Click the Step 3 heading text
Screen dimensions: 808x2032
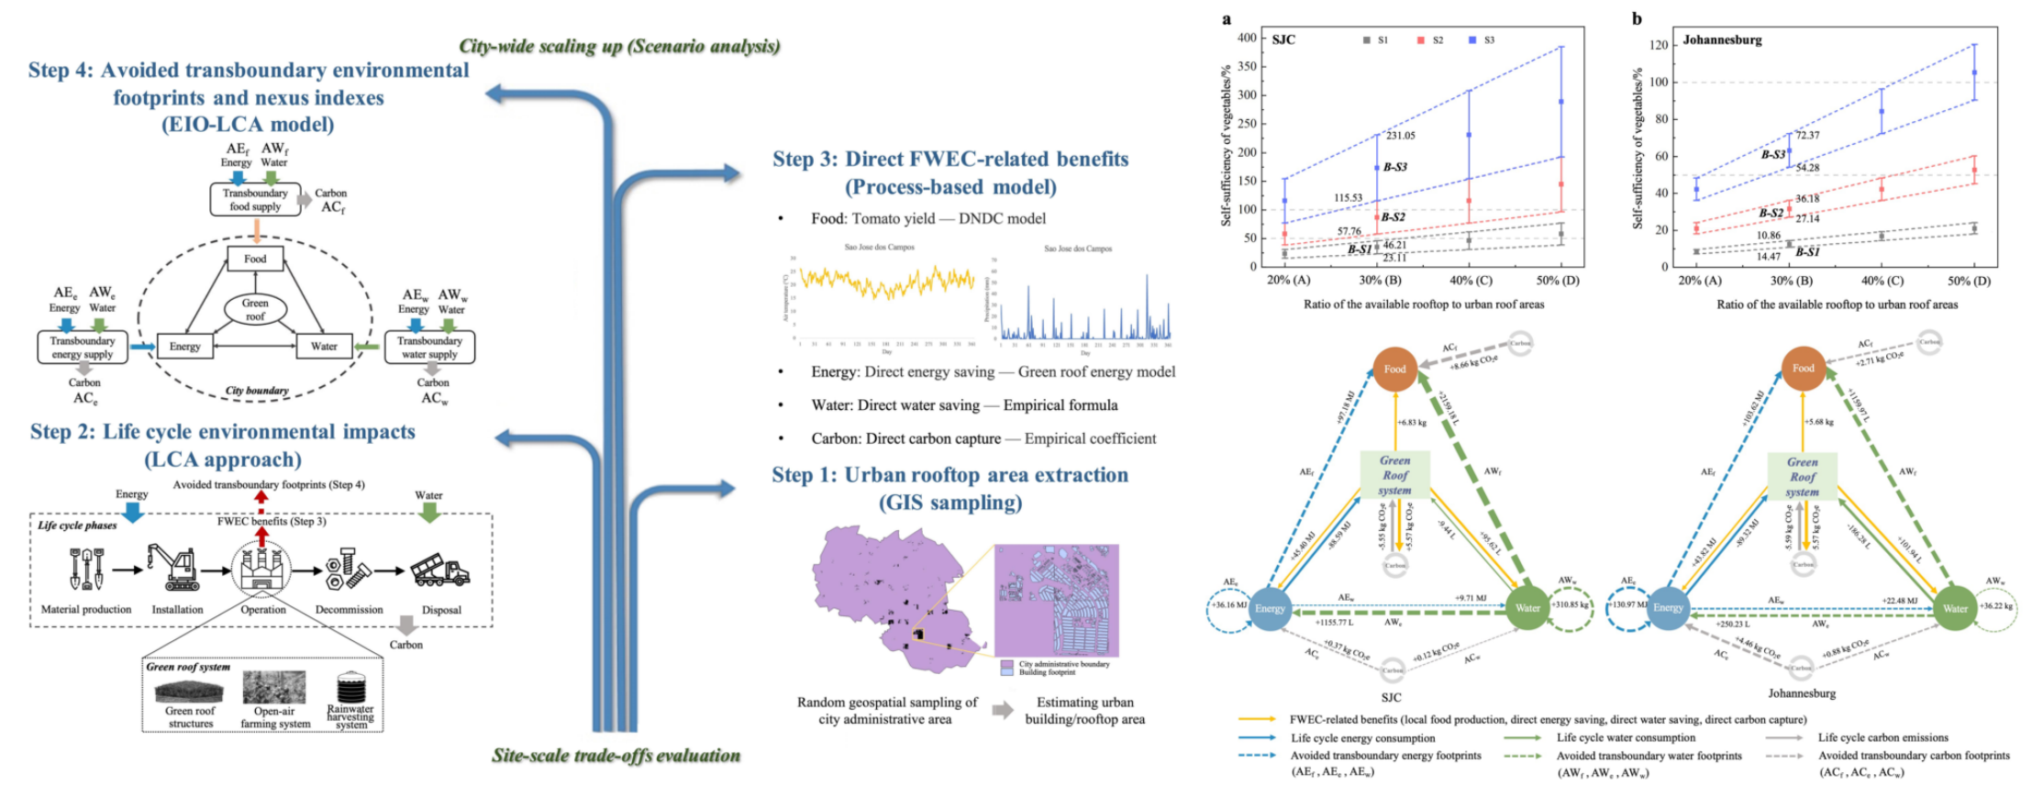tap(950, 172)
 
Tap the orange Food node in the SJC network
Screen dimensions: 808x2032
tap(1394, 369)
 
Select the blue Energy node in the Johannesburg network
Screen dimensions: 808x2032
tap(1668, 608)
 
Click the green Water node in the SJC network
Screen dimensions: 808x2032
tap(1527, 608)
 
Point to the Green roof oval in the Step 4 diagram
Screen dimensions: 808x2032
tap(255, 309)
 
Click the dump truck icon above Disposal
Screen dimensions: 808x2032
tap(440, 571)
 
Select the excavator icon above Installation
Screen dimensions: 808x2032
tap(173, 569)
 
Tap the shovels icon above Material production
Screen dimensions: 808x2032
tap(86, 569)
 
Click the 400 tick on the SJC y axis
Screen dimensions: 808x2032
tap(1247, 38)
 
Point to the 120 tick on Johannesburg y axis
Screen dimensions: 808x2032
tap(1658, 45)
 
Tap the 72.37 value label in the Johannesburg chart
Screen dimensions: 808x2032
tap(1807, 136)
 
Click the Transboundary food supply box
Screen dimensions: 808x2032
tap(255, 200)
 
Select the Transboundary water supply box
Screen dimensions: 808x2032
tap(429, 348)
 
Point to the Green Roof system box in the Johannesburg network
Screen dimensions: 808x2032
tap(1803, 476)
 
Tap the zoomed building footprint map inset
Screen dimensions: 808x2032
tap(1056, 601)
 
